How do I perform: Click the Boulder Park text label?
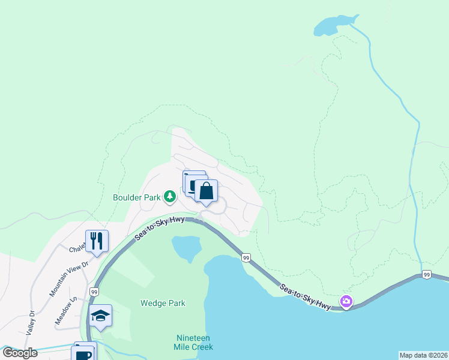click(x=136, y=196)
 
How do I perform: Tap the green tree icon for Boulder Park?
click(x=170, y=196)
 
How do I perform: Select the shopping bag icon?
click(x=206, y=192)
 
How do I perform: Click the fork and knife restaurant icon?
click(x=97, y=241)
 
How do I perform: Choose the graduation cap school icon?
click(x=100, y=316)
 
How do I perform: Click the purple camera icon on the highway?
click(x=346, y=301)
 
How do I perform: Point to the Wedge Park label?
click(x=163, y=303)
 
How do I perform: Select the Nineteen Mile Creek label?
click(x=194, y=342)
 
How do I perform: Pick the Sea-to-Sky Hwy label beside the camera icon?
click(x=305, y=296)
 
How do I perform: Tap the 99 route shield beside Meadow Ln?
click(x=94, y=292)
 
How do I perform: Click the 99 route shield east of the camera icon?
click(x=426, y=275)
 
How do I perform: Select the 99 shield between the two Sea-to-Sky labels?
click(x=246, y=257)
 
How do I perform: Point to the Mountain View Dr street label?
click(x=69, y=278)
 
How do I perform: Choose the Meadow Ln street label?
click(x=67, y=311)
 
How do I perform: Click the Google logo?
click(x=20, y=352)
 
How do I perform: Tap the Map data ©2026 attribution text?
click(x=423, y=355)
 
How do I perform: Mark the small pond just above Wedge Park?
click(x=186, y=247)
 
